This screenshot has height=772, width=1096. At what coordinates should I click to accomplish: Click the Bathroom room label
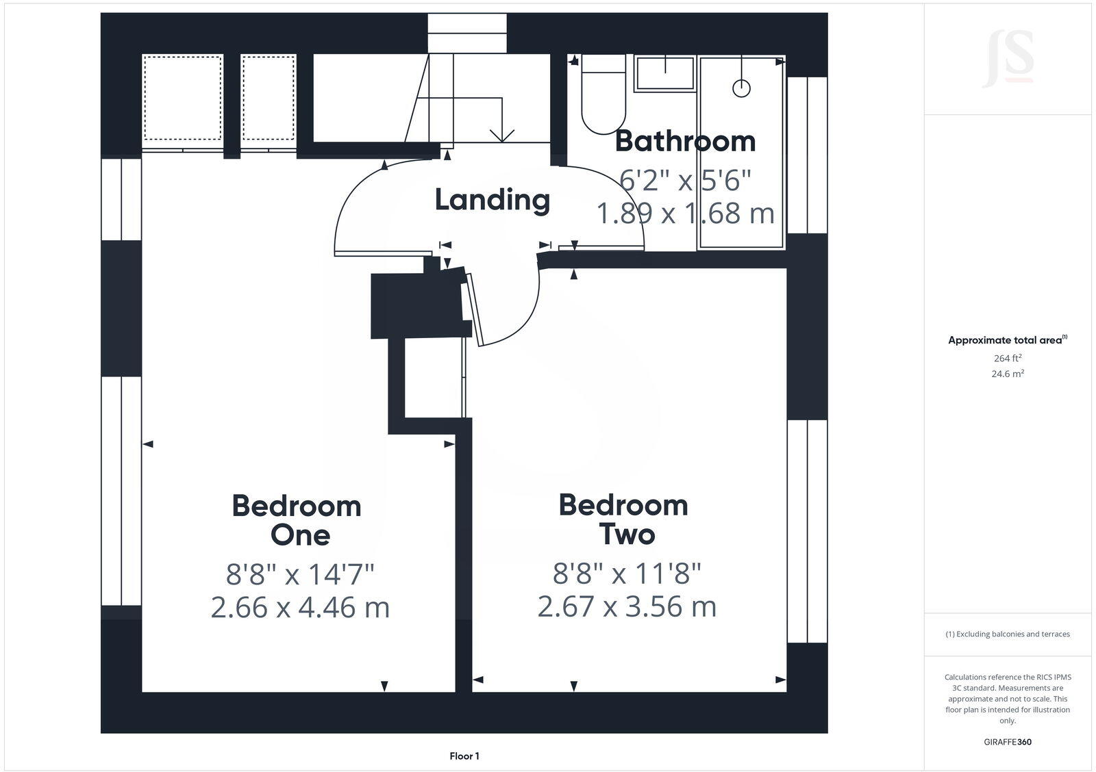[x=684, y=141]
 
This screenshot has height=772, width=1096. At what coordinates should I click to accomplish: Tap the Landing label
[x=492, y=199]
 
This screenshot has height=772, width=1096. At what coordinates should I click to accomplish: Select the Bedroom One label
[x=297, y=520]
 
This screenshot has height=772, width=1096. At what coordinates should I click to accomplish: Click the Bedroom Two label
[x=624, y=519]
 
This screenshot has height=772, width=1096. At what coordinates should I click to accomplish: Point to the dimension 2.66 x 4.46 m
[x=300, y=608]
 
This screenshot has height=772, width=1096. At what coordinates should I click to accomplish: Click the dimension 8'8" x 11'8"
[x=627, y=574]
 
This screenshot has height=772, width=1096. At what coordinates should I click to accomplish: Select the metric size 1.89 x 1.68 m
[x=685, y=214]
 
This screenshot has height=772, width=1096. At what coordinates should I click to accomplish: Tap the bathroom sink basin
[x=664, y=73]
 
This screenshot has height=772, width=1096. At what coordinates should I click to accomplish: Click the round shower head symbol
[x=741, y=88]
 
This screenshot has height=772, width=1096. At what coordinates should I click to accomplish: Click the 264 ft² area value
[x=1008, y=358]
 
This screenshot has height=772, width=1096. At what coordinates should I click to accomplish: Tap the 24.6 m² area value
[x=1008, y=374]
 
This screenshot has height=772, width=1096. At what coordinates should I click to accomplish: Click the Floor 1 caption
[x=464, y=756]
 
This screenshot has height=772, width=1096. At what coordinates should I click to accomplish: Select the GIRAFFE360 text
[x=1008, y=742]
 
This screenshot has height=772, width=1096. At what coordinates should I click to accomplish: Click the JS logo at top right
[x=1008, y=60]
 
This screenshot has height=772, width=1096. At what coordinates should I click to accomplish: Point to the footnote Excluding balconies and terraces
[x=1008, y=634]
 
